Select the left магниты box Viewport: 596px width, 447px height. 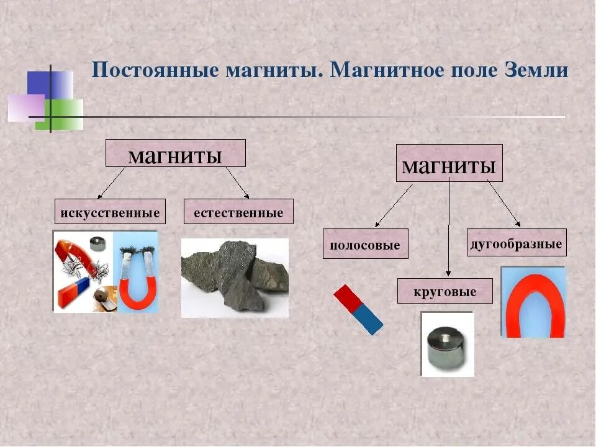click(175, 153)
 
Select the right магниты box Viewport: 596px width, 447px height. click(449, 163)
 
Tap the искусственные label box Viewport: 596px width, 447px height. click(111, 212)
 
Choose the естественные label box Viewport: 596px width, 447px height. click(238, 212)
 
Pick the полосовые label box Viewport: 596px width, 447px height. click(365, 244)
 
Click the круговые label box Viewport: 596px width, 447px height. click(445, 291)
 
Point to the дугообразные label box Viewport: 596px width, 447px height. click(517, 243)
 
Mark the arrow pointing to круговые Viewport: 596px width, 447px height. click(448, 227)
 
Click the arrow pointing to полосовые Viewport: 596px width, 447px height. click(394, 205)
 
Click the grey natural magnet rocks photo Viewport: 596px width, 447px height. click(235, 277)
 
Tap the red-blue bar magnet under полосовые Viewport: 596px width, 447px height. click(358, 309)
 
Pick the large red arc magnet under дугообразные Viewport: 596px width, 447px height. click(533, 303)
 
